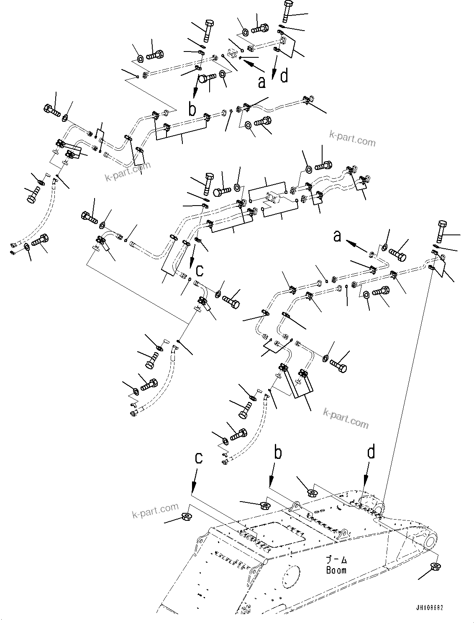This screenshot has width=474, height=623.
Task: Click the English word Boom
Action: [336, 570]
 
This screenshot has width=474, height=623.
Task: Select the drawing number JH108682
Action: [429, 607]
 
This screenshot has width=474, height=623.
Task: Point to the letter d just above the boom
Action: [371, 453]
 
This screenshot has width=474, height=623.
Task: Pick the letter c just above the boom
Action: [199, 458]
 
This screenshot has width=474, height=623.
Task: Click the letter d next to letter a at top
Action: [284, 76]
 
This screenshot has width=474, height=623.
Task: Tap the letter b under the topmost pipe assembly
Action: [192, 109]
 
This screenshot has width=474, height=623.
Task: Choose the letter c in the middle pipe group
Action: [200, 270]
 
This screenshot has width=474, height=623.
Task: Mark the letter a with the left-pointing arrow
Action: [338, 237]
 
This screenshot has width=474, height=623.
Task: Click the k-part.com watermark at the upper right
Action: [352, 139]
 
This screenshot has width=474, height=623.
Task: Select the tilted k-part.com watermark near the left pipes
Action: [127, 172]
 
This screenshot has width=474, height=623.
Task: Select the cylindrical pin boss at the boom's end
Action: [429, 540]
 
